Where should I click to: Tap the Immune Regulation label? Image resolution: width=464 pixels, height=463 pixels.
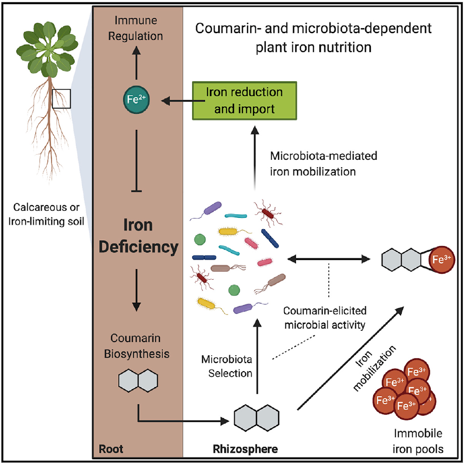click(x=137, y=29)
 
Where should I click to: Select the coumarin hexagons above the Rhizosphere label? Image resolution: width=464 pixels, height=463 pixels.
click(x=257, y=416)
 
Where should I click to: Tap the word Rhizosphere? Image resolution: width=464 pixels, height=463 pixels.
click(x=245, y=449)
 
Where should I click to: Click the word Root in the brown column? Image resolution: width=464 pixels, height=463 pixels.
click(x=111, y=449)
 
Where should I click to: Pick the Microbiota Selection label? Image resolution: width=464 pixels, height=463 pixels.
click(x=227, y=366)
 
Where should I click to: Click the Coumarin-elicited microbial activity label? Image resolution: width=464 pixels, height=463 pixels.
click(x=324, y=318)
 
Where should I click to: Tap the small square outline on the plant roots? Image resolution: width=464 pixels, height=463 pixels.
click(x=61, y=99)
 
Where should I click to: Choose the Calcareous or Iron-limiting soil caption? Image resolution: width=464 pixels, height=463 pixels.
click(x=46, y=213)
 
